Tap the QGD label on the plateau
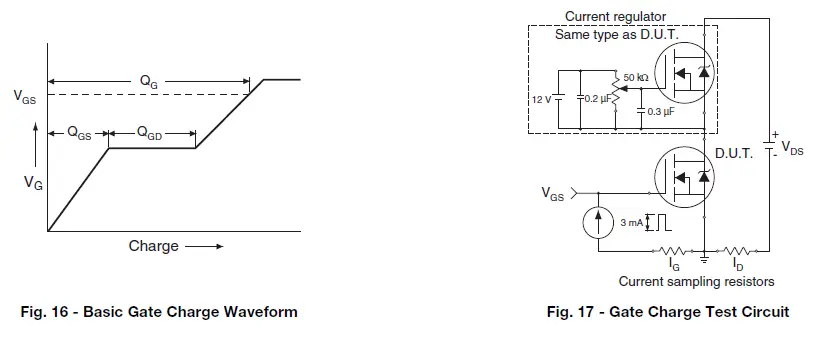click(x=150, y=134)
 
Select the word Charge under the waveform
click(x=153, y=246)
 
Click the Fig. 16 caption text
click(x=159, y=312)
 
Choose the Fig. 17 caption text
click(x=667, y=312)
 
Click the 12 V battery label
click(x=540, y=99)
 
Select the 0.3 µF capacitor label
click(x=661, y=111)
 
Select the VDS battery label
click(x=789, y=148)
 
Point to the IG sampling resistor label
click(x=672, y=267)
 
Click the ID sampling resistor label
click(x=737, y=267)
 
